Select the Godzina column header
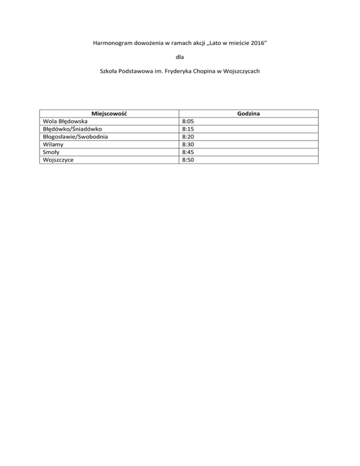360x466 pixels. (249, 114)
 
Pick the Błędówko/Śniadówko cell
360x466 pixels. (69, 129)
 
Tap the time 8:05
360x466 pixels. (188, 121)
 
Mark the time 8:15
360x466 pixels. (188, 129)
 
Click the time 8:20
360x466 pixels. (188, 136)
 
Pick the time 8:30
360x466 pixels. (188, 144)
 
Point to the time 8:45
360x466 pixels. (188, 152)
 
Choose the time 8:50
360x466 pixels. (188, 159)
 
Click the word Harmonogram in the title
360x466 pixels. (111, 44)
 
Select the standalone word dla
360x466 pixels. (180, 57)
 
